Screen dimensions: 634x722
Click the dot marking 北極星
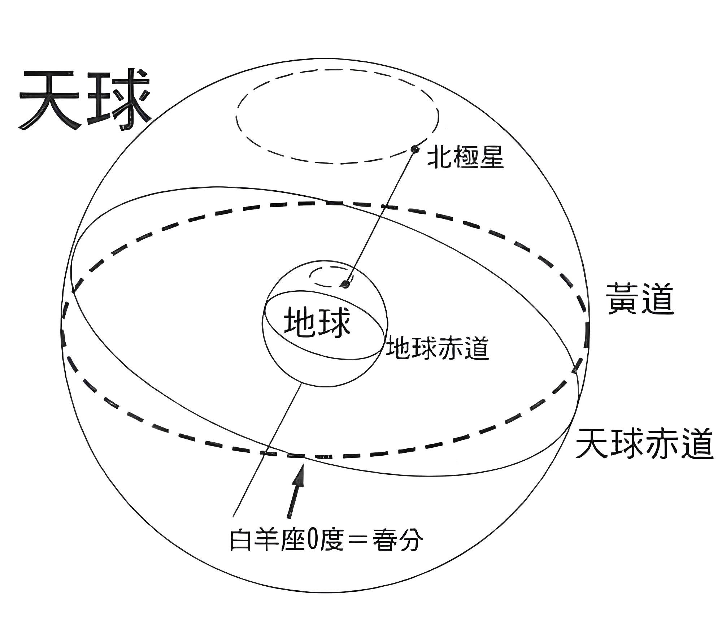coord(415,149)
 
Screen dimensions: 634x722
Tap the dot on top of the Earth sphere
coord(346,285)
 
